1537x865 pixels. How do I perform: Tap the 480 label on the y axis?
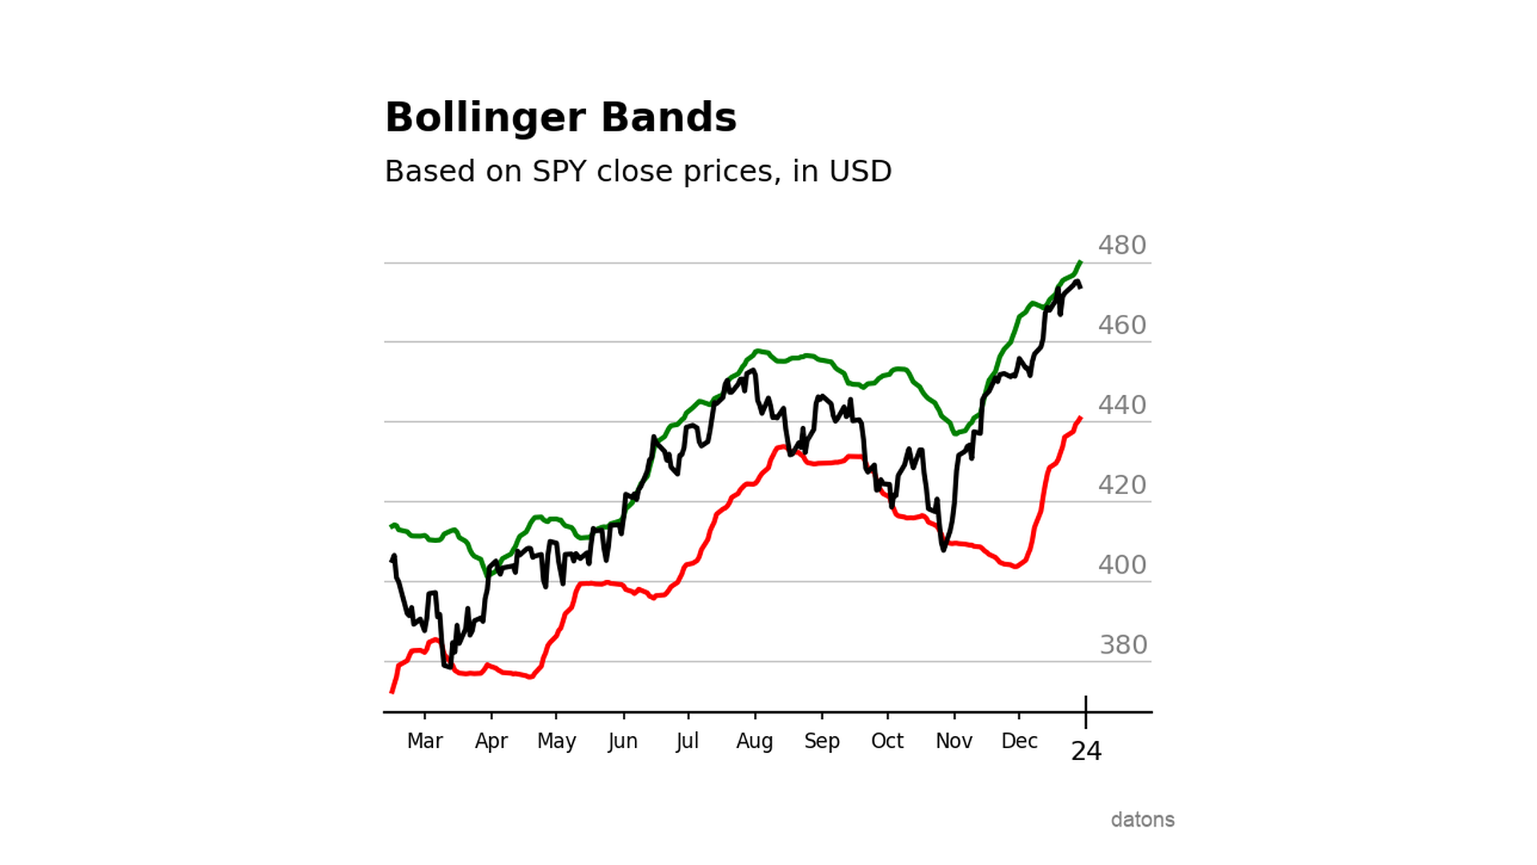1122,245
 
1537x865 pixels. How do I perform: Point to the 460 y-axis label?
1122,325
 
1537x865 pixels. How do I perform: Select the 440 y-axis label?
1122,405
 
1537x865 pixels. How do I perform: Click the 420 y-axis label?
1122,485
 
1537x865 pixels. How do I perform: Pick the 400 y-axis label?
1122,565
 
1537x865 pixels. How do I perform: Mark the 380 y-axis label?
1123,645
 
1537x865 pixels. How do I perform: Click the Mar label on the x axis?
424,741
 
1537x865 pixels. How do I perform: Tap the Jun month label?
622,741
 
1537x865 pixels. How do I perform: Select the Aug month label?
754,741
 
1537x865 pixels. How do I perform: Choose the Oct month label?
887,741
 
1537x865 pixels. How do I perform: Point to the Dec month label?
1019,741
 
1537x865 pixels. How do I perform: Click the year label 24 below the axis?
1086,751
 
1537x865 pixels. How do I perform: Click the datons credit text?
1142,819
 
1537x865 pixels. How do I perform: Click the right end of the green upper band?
1081,262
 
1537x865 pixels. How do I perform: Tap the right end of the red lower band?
1081,417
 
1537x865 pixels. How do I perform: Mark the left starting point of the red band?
391,691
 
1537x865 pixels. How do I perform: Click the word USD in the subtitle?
860,171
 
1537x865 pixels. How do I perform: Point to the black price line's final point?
1082,287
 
